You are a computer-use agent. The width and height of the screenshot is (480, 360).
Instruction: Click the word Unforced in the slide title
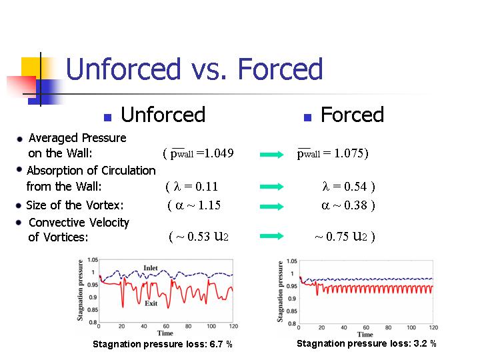coord(123,69)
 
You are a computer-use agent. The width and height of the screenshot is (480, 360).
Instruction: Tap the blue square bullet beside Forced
coord(307,117)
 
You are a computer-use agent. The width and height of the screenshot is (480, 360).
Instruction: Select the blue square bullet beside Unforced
coord(107,117)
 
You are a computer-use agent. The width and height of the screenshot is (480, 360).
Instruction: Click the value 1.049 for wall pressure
coord(219,153)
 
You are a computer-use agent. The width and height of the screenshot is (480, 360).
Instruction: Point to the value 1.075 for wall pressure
coord(348,153)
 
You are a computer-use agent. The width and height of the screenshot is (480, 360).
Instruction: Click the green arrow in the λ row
coord(272,187)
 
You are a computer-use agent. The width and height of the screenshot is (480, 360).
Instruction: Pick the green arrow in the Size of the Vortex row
coord(272,207)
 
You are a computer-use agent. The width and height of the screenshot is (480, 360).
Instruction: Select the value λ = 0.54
coord(345,187)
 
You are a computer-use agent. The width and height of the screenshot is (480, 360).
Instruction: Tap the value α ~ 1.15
coord(198,205)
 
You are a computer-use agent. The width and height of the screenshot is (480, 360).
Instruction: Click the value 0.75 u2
coord(347,236)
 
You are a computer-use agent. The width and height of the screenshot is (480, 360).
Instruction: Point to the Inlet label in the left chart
coord(151,268)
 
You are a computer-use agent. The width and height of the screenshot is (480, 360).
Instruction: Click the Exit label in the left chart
coord(151,303)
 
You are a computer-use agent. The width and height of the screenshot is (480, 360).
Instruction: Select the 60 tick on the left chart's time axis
coord(166,326)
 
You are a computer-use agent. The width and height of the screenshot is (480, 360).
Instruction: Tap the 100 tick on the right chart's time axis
coord(411,327)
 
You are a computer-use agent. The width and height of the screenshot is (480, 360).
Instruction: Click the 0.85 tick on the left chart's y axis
coord(93,310)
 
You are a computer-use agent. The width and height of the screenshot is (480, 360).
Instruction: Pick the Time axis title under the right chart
coord(365,335)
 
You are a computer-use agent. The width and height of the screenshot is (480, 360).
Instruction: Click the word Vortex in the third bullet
coord(105,205)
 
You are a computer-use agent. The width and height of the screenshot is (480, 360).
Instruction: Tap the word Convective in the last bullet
coord(53,223)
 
